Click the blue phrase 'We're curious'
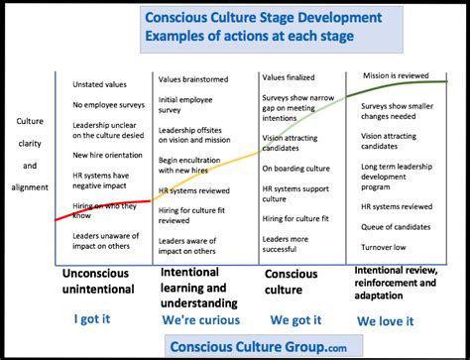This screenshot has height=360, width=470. coord(201,319)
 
